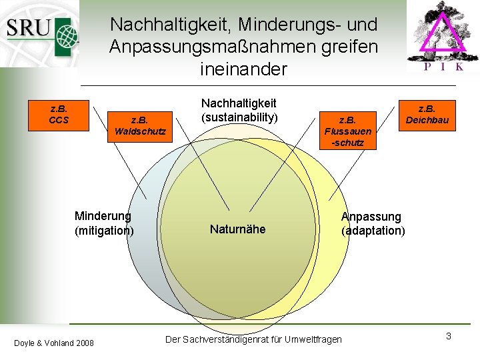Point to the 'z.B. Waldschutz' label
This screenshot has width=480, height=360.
[139, 125]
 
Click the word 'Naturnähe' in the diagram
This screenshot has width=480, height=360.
[237, 229]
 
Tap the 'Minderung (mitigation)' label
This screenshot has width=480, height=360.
[104, 223]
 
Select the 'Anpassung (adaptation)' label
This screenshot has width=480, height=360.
[373, 223]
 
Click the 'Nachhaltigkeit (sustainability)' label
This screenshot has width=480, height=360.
[239, 111]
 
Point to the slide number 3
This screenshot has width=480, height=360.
[449, 336]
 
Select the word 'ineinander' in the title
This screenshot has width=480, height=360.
[243, 69]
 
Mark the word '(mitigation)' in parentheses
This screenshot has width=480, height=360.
[104, 231]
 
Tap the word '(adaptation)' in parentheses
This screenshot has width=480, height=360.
[373, 231]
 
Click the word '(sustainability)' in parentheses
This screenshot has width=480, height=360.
[239, 118]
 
